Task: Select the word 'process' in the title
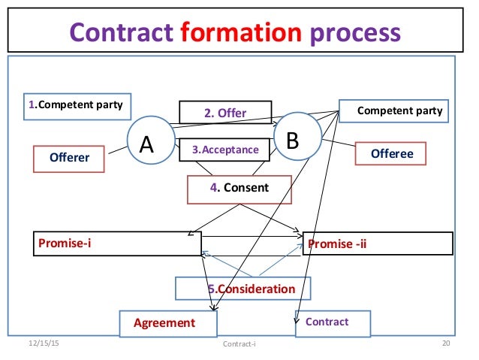[x=351, y=32]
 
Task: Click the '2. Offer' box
[x=225, y=113]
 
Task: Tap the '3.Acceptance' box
[x=225, y=150]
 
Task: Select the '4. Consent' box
[x=239, y=188]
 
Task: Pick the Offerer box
[x=69, y=158]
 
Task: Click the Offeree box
[x=392, y=154]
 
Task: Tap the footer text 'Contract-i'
[x=240, y=344]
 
